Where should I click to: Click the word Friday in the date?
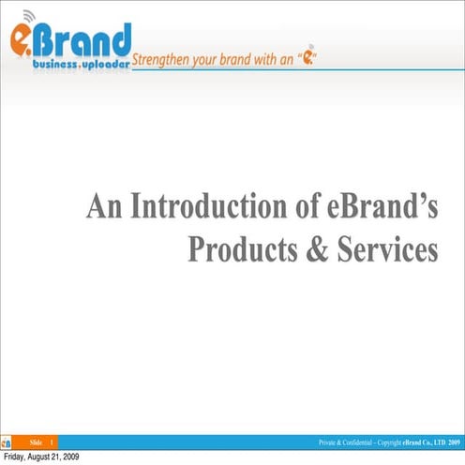(18, 457)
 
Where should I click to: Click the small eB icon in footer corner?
(7, 442)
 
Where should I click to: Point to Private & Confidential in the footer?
(351, 442)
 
